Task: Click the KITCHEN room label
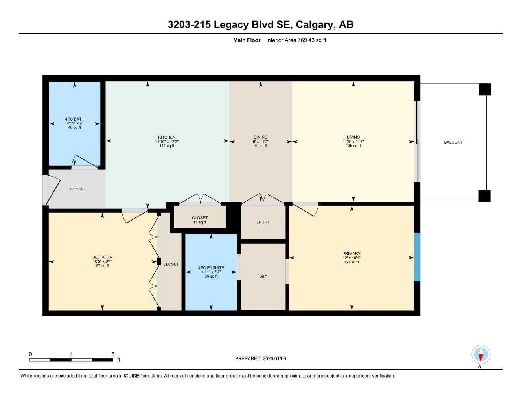(167, 137)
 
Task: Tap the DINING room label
(260, 137)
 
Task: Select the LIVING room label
(353, 137)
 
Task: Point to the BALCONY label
(453, 142)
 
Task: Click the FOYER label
(77, 189)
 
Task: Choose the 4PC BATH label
(75, 119)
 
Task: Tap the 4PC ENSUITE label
(211, 268)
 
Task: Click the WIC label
(263, 276)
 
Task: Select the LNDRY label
(263, 222)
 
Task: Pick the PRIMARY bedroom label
(351, 254)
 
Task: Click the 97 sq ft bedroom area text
(103, 266)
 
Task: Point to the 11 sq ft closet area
(200, 222)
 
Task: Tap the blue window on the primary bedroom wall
(418, 257)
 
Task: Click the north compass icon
(480, 355)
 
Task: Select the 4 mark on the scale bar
(71, 354)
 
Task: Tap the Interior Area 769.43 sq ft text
(296, 40)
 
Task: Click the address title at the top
(260, 25)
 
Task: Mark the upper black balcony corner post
(484, 90)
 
